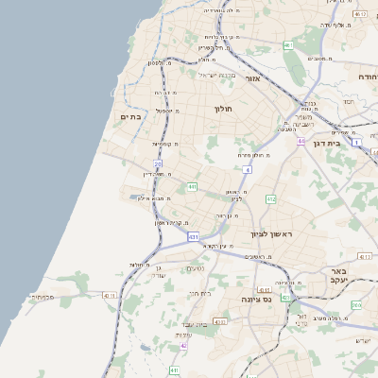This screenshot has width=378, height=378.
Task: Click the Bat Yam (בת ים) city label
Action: tap(130, 116)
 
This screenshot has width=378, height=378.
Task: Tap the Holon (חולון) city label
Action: tap(223, 110)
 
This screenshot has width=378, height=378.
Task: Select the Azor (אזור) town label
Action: tap(252, 78)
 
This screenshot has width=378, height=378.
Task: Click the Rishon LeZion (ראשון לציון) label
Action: tap(272, 233)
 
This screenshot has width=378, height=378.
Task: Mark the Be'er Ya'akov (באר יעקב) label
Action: tap(340, 274)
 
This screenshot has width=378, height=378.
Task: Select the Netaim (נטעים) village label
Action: tap(193, 268)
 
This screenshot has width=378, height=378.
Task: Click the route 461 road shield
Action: tap(288, 45)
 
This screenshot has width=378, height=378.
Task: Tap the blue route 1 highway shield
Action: tap(355, 142)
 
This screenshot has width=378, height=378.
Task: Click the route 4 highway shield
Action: tap(247, 169)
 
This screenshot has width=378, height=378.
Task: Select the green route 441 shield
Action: tap(192, 187)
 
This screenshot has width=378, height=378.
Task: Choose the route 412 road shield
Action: tap(271, 198)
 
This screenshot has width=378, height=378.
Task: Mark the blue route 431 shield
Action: tap(193, 237)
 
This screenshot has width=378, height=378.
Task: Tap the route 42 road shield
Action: tap(183, 346)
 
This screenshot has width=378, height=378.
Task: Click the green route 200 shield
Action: tap(355, 304)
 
